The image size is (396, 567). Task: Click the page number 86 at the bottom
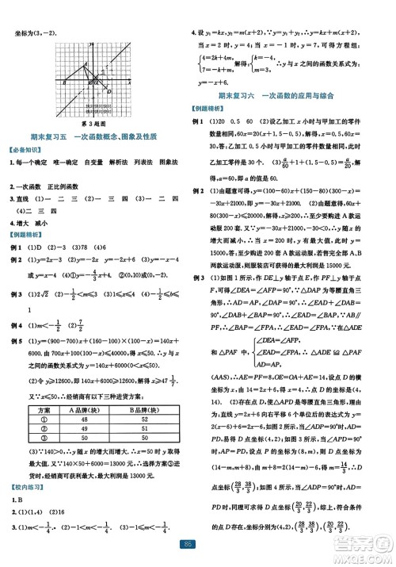click(x=198, y=546)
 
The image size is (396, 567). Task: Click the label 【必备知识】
click(x=26, y=151)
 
